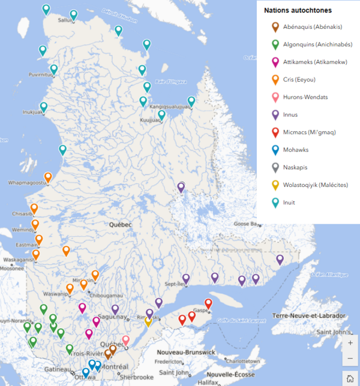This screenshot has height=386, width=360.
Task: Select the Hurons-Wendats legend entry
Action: (x=306, y=97)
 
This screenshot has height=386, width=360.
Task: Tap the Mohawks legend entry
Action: (x=299, y=150)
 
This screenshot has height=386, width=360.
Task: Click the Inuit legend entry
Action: (x=292, y=203)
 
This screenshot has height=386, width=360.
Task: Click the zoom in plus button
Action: (x=350, y=343)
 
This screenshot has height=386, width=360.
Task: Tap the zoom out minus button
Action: (x=350, y=358)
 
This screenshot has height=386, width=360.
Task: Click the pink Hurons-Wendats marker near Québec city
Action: (x=126, y=340)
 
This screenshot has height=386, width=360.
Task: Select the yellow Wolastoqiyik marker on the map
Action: (x=148, y=321)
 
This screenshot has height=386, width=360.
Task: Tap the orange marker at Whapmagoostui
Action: (x=48, y=177)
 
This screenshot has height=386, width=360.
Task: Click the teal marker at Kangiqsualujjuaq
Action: (x=191, y=101)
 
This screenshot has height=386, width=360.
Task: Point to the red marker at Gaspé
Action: (x=208, y=303)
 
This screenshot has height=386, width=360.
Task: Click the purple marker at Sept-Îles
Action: (x=186, y=278)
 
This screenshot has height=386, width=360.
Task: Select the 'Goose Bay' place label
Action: (x=245, y=224)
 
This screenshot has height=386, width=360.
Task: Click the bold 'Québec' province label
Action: (x=120, y=224)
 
